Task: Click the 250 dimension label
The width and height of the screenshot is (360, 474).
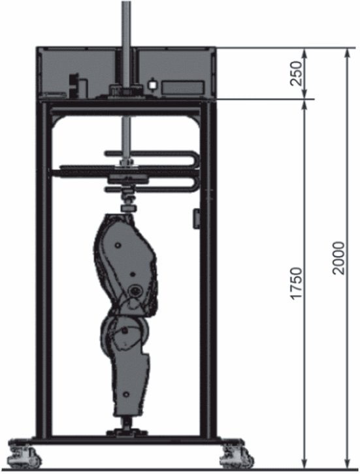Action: pos(295,74)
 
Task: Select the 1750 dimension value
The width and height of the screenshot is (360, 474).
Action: pos(295,283)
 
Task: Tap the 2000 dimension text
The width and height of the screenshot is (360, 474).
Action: pos(338,258)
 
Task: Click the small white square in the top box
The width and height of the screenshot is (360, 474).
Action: pos(152,85)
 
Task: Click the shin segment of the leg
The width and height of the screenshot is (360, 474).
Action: pos(130,384)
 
